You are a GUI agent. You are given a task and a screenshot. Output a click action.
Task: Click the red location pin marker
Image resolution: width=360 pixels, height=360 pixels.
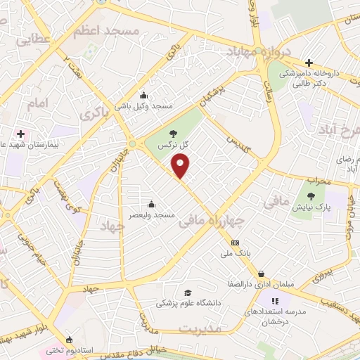tap(181, 166)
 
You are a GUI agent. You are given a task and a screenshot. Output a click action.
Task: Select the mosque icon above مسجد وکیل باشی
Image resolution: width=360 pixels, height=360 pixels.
tap(144, 96)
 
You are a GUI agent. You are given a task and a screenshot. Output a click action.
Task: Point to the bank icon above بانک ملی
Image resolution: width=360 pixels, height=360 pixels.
tap(234, 243)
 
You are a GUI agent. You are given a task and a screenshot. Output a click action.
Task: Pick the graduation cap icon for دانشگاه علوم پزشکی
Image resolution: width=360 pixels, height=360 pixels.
tap(187, 292)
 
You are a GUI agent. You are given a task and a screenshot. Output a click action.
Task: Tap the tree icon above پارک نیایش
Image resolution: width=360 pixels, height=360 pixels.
tap(311, 198)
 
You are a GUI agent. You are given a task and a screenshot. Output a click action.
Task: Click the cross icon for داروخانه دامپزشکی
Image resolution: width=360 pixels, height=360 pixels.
tap(309, 63)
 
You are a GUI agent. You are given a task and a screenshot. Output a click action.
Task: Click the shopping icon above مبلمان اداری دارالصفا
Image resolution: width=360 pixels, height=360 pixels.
tap(261, 274)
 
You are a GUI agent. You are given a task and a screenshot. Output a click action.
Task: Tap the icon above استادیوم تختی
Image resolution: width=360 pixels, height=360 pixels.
tap(68, 338)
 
